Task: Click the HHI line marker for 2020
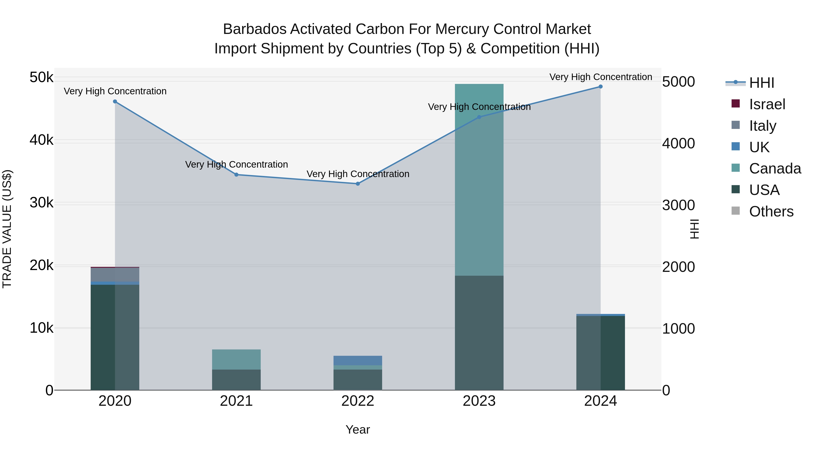coord(115,102)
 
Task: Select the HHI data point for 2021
coord(236,174)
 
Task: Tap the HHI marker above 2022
coord(358,184)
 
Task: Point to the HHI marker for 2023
coord(479,117)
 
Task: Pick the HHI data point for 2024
coord(600,87)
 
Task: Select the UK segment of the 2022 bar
coord(358,360)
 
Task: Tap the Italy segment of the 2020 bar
coord(115,274)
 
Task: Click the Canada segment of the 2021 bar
coord(236,359)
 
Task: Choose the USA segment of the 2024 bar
coord(600,353)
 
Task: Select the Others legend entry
coord(771,211)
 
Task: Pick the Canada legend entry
coord(775,168)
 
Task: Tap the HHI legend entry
coord(762,83)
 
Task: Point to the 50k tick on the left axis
coord(41,77)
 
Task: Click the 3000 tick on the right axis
coord(678,205)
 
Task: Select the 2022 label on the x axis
coord(358,401)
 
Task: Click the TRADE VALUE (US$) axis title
coord(7,229)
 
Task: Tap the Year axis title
coord(358,430)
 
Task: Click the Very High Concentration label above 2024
coord(600,77)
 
